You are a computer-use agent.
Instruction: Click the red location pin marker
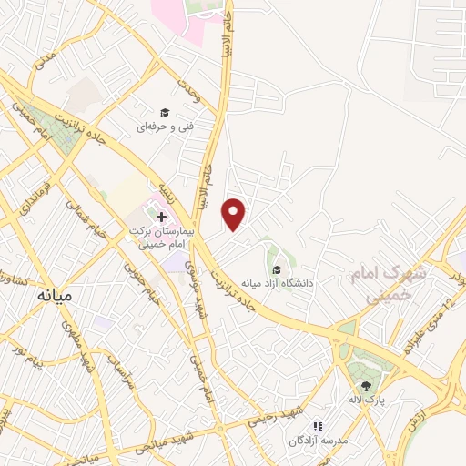(235, 214)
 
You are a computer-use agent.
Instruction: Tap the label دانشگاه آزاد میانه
(277, 283)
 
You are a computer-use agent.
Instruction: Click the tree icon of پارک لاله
(367, 385)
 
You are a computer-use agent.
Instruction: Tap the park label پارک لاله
(367, 400)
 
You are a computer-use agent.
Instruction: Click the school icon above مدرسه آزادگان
(318, 425)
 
